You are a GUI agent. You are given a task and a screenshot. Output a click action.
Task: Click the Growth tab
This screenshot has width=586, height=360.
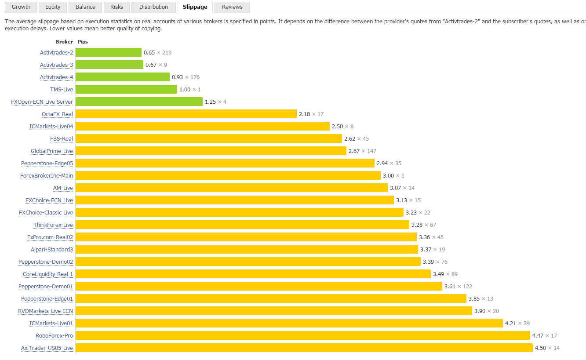[21, 7]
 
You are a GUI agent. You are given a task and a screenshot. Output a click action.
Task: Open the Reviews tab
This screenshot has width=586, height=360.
[232, 7]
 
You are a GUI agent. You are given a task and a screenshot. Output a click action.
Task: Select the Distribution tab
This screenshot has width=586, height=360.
[153, 7]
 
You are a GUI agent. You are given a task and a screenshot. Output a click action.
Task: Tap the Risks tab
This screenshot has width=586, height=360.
[116, 7]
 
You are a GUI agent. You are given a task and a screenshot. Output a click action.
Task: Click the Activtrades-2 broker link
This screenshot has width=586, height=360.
[56, 53]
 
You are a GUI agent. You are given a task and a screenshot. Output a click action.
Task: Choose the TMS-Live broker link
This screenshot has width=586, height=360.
[62, 90]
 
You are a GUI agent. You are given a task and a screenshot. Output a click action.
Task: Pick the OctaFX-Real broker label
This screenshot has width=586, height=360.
[57, 114]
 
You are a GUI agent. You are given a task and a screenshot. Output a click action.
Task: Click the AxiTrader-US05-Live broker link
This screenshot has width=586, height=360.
[47, 348]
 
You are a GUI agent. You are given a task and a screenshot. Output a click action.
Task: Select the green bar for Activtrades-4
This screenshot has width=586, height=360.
[123, 77]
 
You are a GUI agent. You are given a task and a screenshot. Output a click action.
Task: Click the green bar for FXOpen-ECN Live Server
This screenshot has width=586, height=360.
[139, 102]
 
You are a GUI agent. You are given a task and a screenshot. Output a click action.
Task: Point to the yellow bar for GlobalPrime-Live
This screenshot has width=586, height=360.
[211, 151]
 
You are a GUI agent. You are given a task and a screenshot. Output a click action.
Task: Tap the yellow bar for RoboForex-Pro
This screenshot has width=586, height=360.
[303, 336]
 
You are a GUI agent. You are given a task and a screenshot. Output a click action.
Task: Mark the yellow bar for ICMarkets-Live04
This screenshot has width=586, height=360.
[203, 127]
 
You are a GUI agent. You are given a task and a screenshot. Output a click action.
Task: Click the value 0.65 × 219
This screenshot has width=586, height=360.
[157, 53]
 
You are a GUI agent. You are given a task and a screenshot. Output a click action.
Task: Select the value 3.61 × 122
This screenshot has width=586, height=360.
[458, 287]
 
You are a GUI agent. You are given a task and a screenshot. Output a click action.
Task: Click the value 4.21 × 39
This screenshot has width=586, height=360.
[517, 324]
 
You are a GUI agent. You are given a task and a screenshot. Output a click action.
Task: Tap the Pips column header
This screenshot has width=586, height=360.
[83, 42]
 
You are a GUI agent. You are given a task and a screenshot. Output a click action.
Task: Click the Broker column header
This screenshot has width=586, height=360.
[64, 42]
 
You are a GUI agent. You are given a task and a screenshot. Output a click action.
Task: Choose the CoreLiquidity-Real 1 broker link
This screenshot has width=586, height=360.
[48, 274]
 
